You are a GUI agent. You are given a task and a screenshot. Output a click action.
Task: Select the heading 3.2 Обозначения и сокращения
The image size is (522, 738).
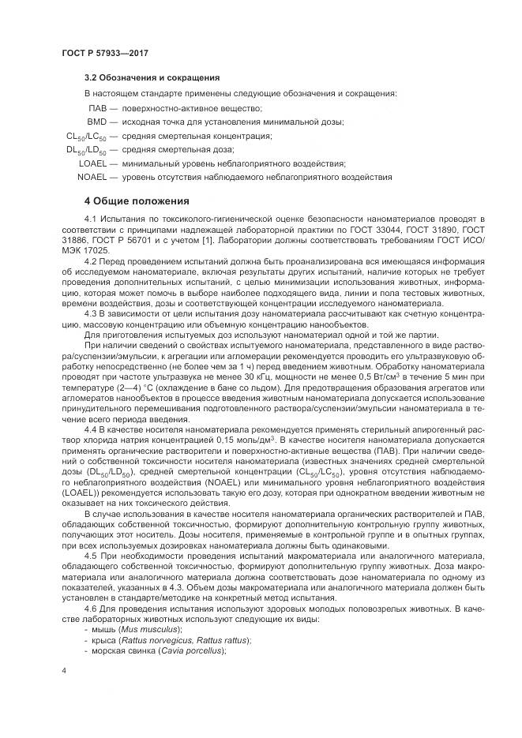pyautogui.click(x=152, y=78)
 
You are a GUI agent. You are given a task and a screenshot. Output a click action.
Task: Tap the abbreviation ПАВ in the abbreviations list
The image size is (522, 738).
pyautogui.click(x=97, y=108)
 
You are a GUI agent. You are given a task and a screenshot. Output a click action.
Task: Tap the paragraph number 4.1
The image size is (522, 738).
pyautogui.click(x=90, y=217)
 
